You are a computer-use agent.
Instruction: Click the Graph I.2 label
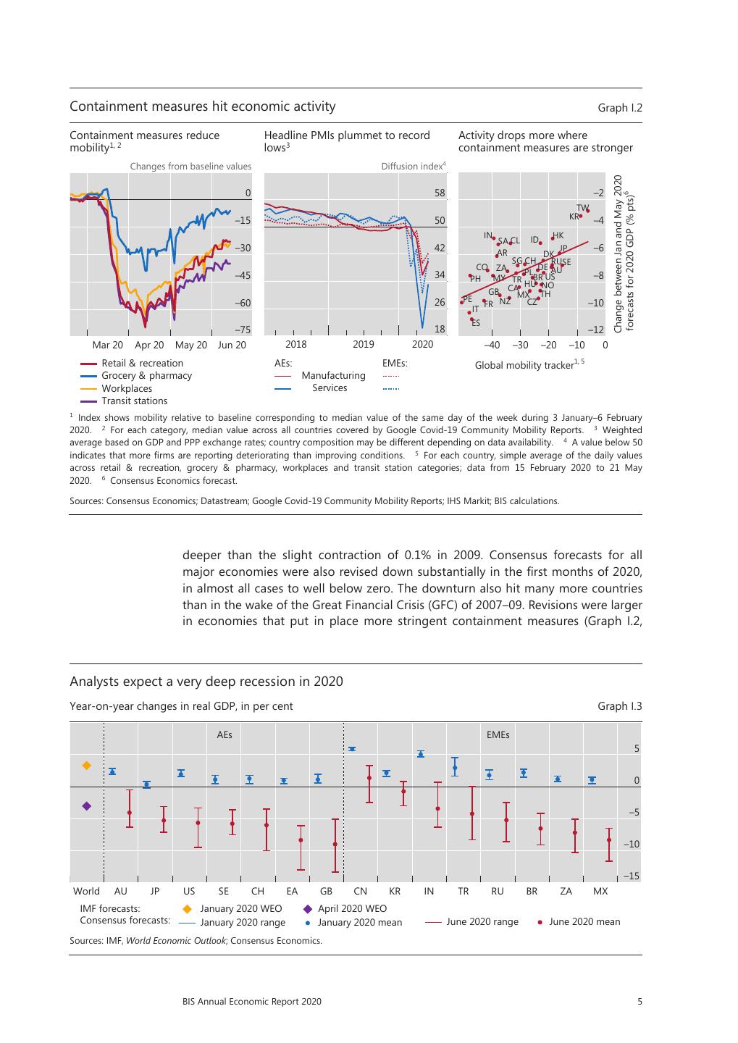coord(619,108)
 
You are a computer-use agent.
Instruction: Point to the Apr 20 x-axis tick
coord(149,345)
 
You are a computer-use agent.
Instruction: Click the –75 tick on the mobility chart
coord(242,330)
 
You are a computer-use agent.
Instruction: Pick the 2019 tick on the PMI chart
coord(364,345)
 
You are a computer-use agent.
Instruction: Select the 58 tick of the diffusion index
coord(440,193)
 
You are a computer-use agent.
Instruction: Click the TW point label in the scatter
coord(582,208)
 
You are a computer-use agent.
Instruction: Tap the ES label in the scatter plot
coord(476,323)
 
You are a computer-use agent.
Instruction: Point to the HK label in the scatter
coord(558,235)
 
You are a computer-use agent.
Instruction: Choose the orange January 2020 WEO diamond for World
coord(87,765)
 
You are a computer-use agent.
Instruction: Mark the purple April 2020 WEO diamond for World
coord(87,805)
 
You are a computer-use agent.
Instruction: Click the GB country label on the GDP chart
coord(326,891)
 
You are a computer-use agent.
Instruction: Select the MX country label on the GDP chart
coord(600,891)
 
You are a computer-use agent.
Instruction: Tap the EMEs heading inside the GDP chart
coord(498,734)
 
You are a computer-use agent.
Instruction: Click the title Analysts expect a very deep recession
coord(206,682)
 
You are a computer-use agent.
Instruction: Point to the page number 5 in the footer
coord(639,1002)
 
